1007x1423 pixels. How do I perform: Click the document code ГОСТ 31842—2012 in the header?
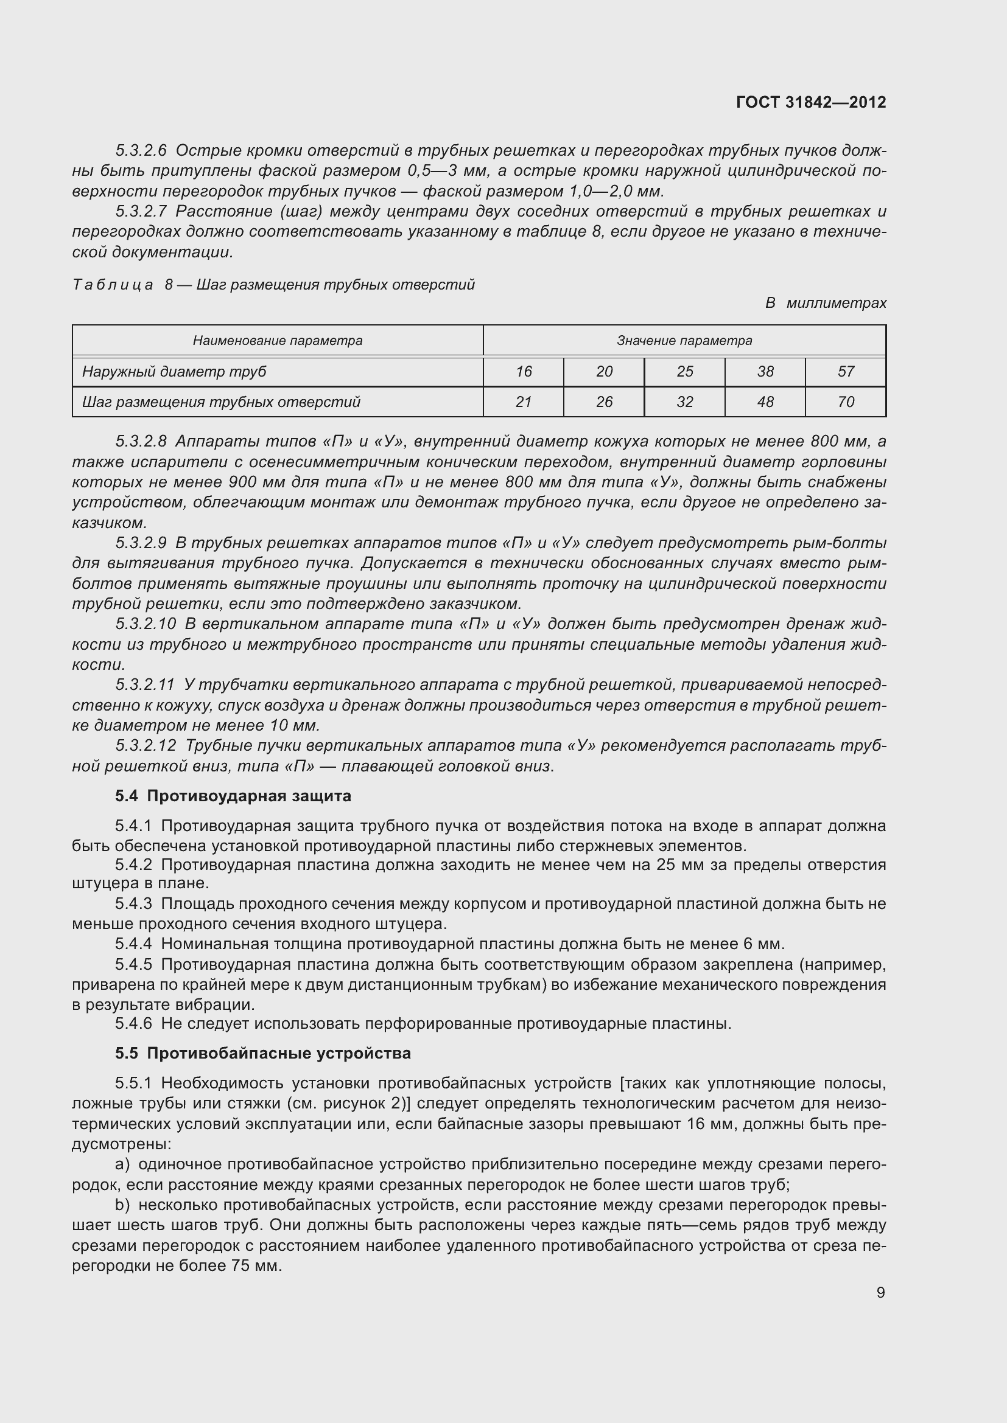click(810, 102)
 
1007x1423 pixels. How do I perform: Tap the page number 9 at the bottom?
click(880, 1292)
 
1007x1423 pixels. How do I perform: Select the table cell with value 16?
click(524, 371)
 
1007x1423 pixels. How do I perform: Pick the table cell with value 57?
click(845, 371)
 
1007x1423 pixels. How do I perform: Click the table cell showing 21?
click(524, 402)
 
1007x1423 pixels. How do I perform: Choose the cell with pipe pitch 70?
click(845, 402)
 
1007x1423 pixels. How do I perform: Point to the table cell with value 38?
click(765, 371)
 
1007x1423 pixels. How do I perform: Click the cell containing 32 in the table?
click(684, 402)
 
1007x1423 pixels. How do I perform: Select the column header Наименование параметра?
click(277, 340)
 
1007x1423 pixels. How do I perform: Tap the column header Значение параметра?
click(684, 340)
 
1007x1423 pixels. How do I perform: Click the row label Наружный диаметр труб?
click(174, 371)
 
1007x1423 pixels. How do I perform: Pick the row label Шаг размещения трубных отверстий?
click(221, 402)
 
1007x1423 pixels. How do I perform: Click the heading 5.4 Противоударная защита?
click(233, 796)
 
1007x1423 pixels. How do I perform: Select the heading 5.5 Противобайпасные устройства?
click(263, 1054)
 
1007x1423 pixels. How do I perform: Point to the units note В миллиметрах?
click(826, 303)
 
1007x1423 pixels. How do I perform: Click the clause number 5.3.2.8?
click(141, 441)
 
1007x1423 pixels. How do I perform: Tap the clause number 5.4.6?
click(133, 1023)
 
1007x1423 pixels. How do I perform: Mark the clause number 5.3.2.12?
click(146, 746)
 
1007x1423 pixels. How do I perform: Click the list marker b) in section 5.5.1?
click(122, 1205)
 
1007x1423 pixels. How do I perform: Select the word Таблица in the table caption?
click(113, 285)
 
